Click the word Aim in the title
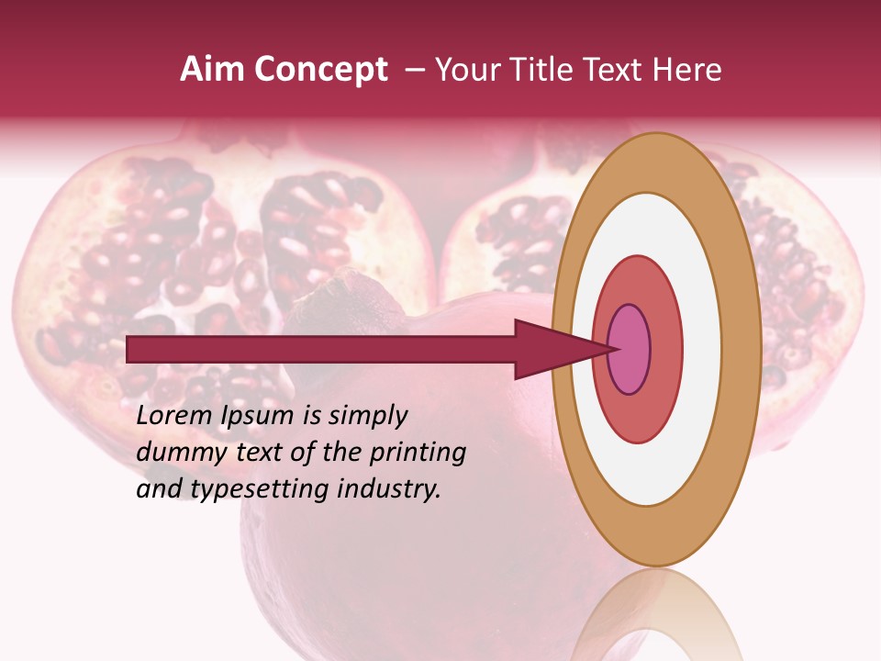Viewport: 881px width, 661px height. coord(204,70)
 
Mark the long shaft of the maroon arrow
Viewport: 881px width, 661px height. coord(321,350)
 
